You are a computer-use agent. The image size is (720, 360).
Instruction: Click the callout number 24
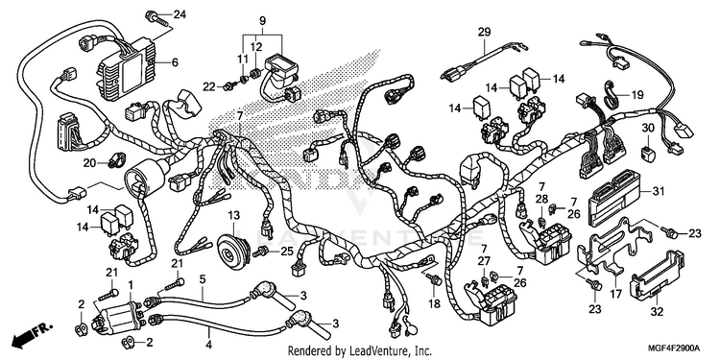point(180,14)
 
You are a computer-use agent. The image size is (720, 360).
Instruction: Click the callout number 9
point(263,21)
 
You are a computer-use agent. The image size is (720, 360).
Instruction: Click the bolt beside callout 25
point(261,251)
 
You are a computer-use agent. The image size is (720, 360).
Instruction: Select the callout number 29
point(484,32)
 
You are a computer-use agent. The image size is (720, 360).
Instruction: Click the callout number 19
point(637,95)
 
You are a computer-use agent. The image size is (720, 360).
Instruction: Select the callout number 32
point(657,312)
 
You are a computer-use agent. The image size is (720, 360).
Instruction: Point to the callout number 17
point(615,293)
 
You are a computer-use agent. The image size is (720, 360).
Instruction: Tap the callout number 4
point(208,344)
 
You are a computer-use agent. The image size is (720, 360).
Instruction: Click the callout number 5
point(202,278)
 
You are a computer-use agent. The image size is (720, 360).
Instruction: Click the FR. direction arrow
point(32,334)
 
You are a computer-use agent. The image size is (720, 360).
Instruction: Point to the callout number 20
point(89,162)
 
